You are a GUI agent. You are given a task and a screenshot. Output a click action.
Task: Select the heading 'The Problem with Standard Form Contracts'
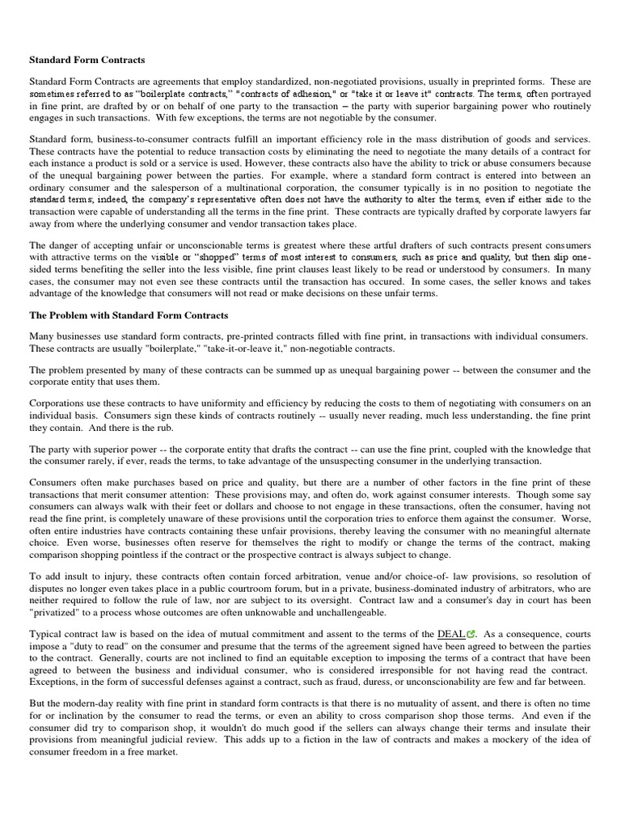click(x=129, y=315)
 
